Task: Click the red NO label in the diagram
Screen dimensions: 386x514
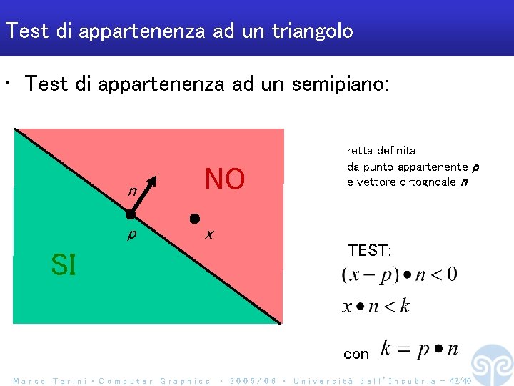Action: (224, 179)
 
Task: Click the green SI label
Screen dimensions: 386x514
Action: (63, 265)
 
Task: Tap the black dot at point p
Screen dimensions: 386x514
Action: (131, 214)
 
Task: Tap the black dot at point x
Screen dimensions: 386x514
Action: (193, 218)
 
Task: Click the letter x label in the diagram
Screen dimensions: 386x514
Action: (208, 234)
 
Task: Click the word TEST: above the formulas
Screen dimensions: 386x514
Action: (369, 250)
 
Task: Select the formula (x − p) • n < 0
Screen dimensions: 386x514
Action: (399, 274)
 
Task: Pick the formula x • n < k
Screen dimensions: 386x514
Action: (376, 307)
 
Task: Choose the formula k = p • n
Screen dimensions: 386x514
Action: (419, 350)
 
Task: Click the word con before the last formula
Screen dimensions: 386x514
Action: (356, 354)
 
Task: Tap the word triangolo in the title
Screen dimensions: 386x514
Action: (312, 31)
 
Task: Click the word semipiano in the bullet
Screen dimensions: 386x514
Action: (337, 84)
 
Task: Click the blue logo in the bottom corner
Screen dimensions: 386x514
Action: (492, 364)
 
